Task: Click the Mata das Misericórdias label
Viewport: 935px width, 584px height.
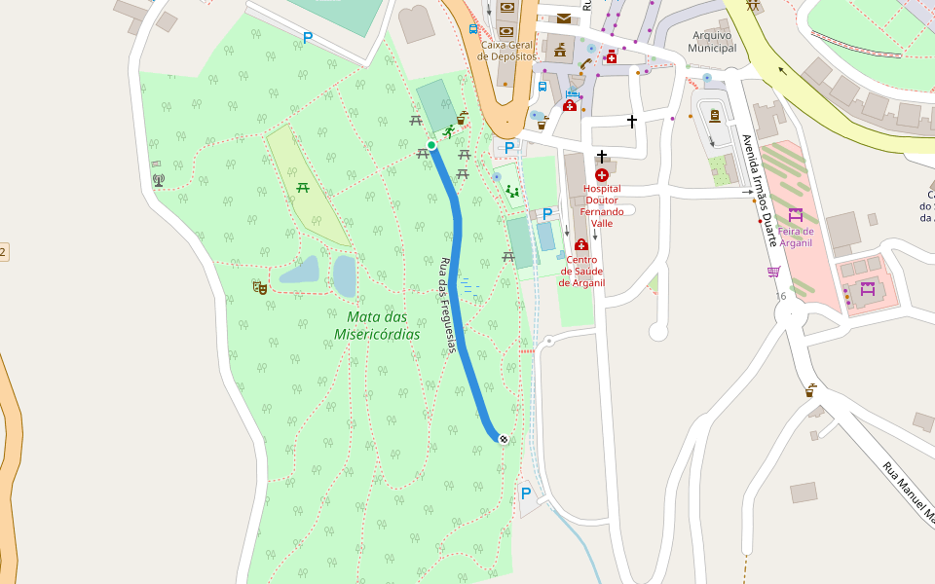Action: (x=377, y=325)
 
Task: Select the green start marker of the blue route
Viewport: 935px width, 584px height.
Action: (x=431, y=145)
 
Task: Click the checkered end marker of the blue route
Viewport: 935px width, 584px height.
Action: (x=504, y=439)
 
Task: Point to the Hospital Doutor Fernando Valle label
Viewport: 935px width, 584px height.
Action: (x=603, y=205)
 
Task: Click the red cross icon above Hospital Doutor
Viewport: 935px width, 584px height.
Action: (x=602, y=174)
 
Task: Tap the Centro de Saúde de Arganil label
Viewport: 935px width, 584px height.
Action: (x=581, y=272)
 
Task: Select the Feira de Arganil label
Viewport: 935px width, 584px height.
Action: (x=795, y=237)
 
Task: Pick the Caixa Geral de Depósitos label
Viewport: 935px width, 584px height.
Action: (x=506, y=51)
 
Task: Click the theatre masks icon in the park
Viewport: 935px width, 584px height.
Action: (x=259, y=287)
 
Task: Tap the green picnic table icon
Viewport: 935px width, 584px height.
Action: (x=303, y=187)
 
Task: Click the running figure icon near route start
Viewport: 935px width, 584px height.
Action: (x=448, y=131)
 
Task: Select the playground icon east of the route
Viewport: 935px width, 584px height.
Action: (x=512, y=192)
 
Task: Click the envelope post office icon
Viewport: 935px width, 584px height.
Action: (x=564, y=18)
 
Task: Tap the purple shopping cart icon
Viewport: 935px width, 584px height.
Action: (x=773, y=272)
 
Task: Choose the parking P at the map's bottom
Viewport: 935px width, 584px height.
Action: (x=526, y=493)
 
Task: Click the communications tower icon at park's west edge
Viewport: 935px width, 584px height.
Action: (x=159, y=180)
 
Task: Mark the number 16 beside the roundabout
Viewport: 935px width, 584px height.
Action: (x=781, y=295)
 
